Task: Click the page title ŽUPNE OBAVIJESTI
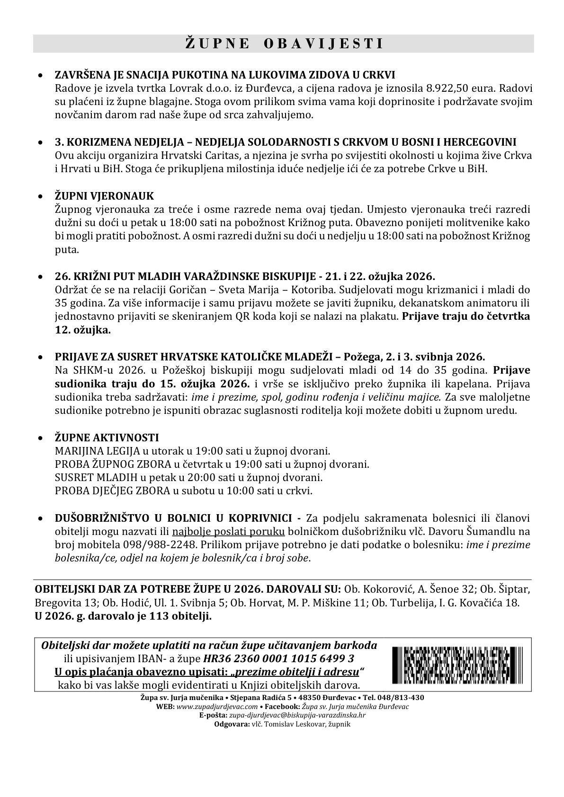(x=283, y=44)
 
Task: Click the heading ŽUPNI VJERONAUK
(x=105, y=196)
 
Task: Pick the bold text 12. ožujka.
(x=83, y=330)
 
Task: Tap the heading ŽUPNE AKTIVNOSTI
(x=107, y=438)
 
